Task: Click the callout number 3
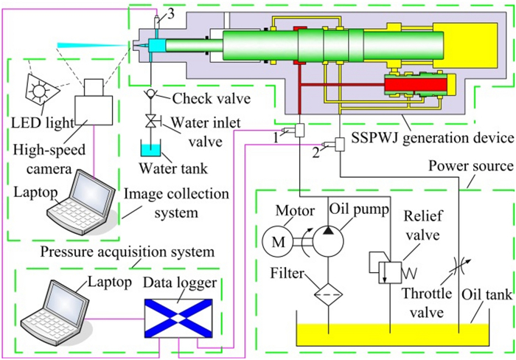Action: tap(171, 11)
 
